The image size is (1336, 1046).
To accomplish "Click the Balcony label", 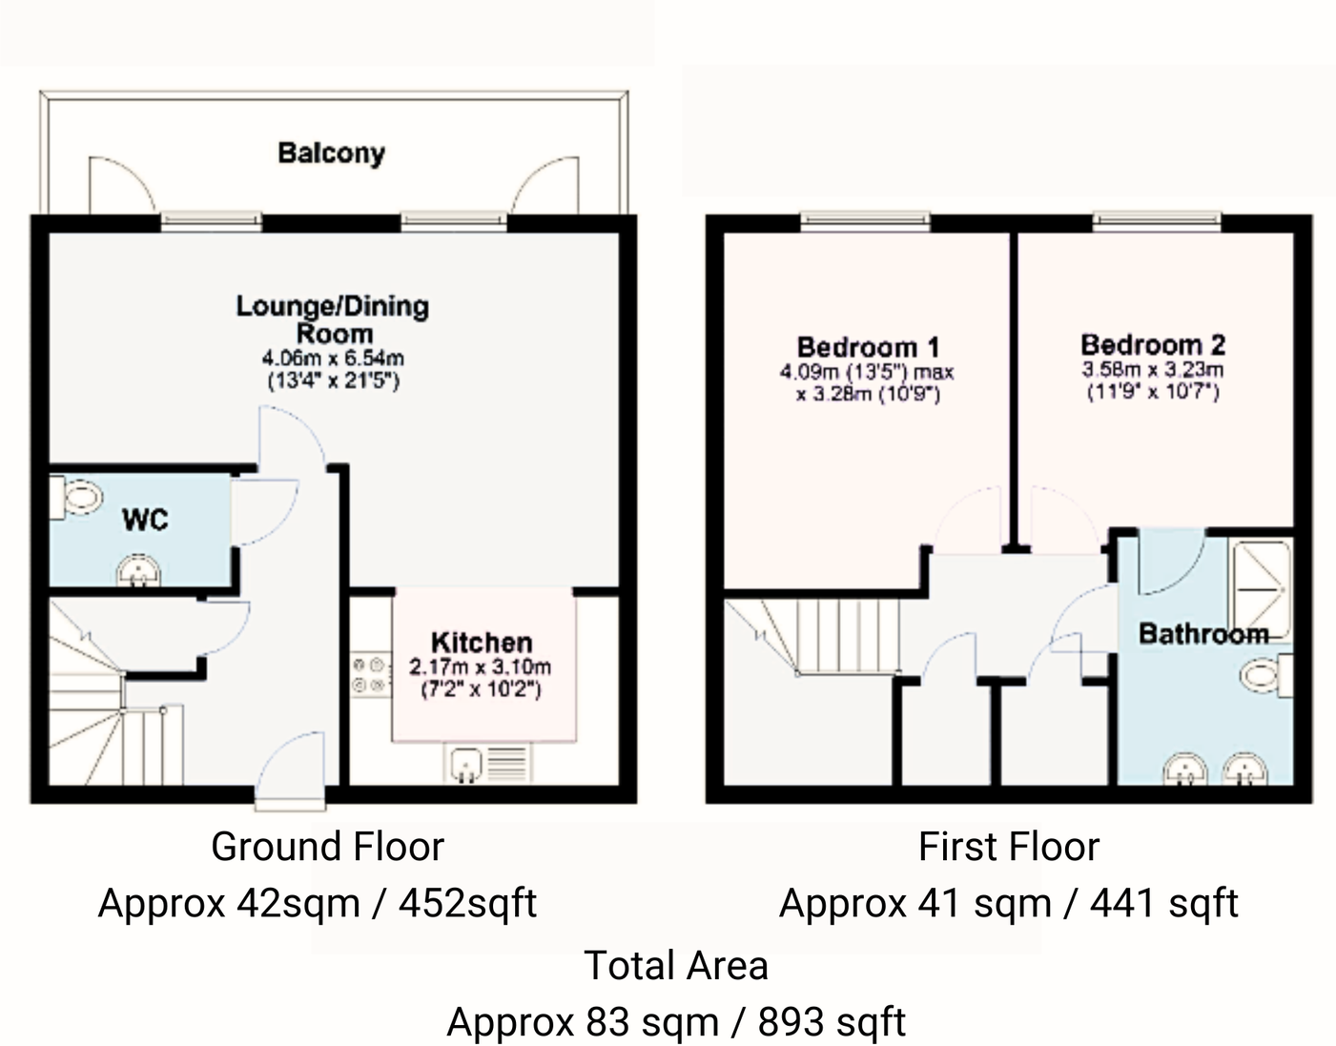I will coord(331,153).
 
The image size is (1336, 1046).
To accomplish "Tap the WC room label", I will coord(145,520).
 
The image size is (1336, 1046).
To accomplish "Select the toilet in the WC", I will coord(78,498).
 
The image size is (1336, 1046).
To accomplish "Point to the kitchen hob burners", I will coord(369,674).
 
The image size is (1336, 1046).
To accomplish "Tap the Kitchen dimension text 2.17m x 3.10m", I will coord(481,667).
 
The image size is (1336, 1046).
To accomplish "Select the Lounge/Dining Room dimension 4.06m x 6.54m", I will coord(333,359).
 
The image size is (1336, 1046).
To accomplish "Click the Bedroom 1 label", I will coord(868,347).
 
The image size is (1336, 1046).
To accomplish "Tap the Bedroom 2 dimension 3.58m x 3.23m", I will coord(1153,370).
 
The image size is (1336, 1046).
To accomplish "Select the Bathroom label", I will coord(1202,633).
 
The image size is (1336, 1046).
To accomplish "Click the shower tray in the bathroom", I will coord(1260,591).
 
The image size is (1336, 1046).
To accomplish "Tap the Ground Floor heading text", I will coord(327,847).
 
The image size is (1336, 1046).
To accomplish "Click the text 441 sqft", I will coord(1163,903).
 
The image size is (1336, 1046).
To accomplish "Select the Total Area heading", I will coord(675,966).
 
